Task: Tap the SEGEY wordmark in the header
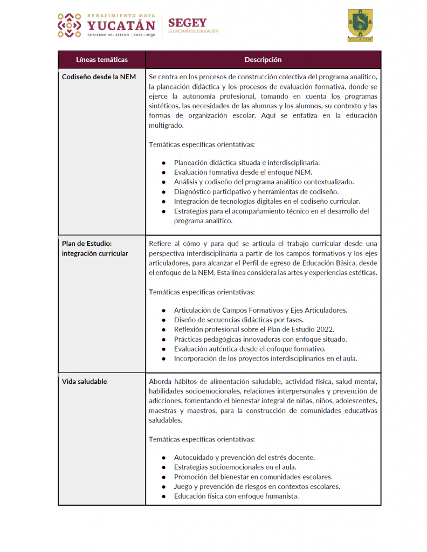point(187,23)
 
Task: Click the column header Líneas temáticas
point(102,59)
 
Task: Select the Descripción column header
point(263,59)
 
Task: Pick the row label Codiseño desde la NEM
point(99,77)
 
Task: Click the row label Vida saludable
point(85,381)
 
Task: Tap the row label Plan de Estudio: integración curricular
point(95,249)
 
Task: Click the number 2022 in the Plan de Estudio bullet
point(323,329)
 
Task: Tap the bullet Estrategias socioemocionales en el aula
point(235,467)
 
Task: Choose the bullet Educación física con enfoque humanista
point(236,496)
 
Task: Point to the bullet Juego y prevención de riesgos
point(257,486)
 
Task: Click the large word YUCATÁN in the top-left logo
point(121,25)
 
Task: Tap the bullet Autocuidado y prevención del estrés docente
point(244,457)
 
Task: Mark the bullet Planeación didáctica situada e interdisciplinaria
point(247,162)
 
